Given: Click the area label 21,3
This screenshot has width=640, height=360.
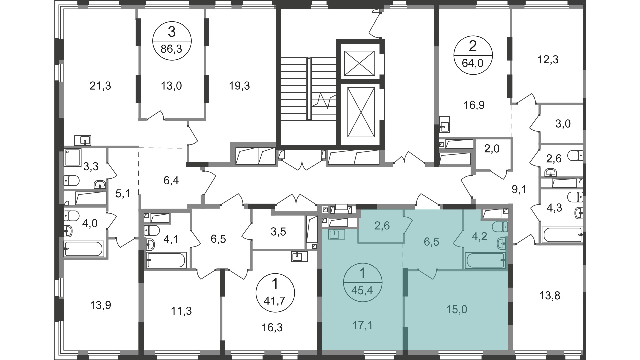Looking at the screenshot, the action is click(x=100, y=86).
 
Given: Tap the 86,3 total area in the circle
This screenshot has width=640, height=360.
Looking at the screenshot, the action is click(x=171, y=49).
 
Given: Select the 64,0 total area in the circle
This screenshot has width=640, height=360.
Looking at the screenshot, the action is click(x=473, y=63).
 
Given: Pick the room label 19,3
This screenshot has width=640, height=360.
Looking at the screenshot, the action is click(x=239, y=86).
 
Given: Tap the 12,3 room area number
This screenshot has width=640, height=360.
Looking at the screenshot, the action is click(x=548, y=60).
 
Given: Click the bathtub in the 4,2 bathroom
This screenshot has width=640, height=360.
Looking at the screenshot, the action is click(x=486, y=260).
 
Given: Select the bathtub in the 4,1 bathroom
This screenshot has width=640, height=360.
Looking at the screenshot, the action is click(x=166, y=260).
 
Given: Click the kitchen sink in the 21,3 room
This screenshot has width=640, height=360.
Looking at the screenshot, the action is click(x=83, y=140).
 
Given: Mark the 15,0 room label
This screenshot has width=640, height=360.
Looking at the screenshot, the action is click(x=456, y=310).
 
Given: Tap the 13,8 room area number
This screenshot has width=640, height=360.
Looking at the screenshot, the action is click(x=549, y=295).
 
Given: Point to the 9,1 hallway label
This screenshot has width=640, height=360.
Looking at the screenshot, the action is click(x=519, y=190).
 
